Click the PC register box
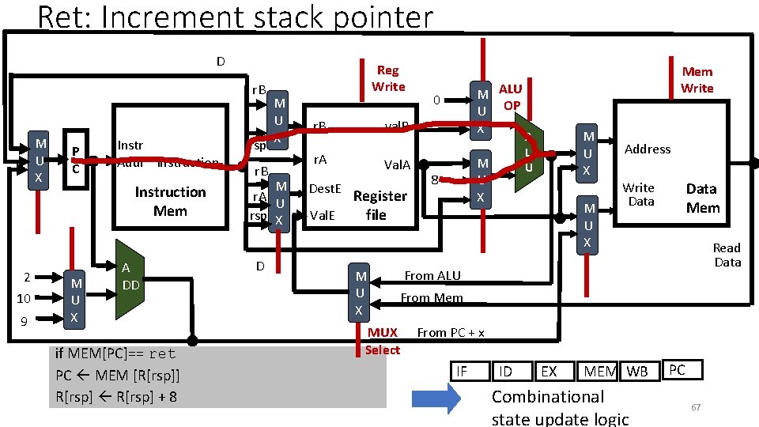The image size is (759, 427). (74, 160)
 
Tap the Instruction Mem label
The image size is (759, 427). (170, 202)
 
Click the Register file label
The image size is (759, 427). (379, 205)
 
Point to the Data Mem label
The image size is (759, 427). (702, 198)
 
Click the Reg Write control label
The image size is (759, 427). (388, 78)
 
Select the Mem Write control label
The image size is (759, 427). (697, 80)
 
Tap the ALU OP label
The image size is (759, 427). (511, 96)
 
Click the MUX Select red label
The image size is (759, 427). (383, 342)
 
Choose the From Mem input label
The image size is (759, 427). (431, 298)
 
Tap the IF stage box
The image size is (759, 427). (463, 371)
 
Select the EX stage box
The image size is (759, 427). (548, 371)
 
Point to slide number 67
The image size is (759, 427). (696, 406)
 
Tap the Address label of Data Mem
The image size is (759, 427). (647, 149)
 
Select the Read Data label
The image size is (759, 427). (727, 255)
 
